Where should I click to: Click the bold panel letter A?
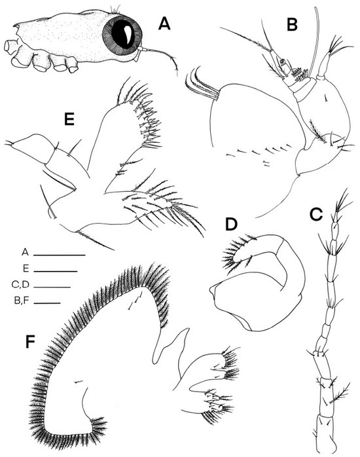(x=164, y=24)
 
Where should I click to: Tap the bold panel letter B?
(x=292, y=24)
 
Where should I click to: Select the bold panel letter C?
(x=316, y=214)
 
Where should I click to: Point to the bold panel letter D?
(x=232, y=224)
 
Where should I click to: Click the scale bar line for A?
(x=60, y=255)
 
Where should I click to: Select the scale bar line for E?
(x=56, y=271)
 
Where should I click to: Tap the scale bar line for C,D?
(x=52, y=287)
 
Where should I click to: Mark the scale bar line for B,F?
(x=47, y=303)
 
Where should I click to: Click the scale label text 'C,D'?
(x=21, y=285)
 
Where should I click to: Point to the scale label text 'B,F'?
(x=22, y=301)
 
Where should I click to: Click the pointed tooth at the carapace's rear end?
(x=16, y=27)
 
